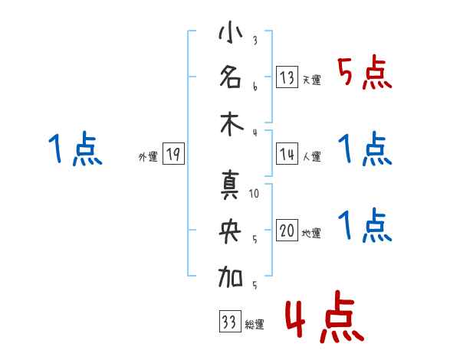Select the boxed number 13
pyautogui.click(x=287, y=77)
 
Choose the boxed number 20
pyautogui.click(x=287, y=232)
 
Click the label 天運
pyautogui.click(x=312, y=80)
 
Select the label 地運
pyautogui.click(x=312, y=234)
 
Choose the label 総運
pyautogui.click(x=254, y=325)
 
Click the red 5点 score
pyautogui.click(x=364, y=74)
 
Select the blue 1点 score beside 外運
pyautogui.click(x=74, y=149)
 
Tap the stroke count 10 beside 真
pyautogui.click(x=255, y=193)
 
